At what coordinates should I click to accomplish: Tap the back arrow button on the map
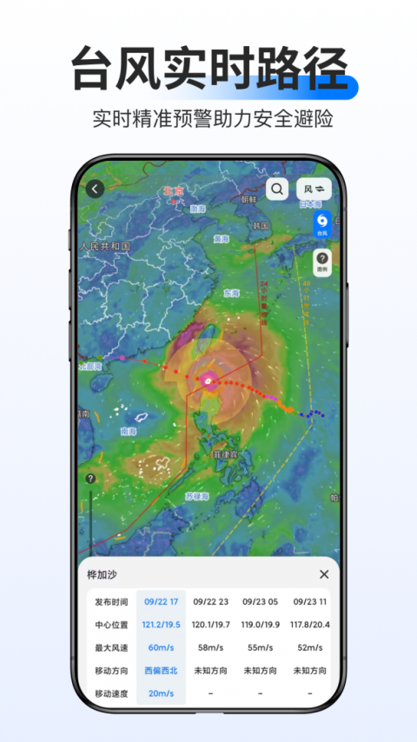(95, 189)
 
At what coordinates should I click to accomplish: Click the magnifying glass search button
(277, 189)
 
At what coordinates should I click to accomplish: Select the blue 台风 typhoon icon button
(321, 224)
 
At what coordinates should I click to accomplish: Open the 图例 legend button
(321, 262)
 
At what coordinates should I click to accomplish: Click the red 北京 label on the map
(175, 191)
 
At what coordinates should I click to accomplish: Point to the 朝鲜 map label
(249, 199)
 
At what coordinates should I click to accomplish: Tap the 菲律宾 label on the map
(225, 454)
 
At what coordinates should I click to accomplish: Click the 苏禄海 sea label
(197, 496)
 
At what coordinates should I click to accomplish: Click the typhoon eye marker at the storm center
(208, 380)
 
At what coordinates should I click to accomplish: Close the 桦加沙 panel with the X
(324, 574)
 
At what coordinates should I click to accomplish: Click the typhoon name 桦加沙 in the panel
(102, 574)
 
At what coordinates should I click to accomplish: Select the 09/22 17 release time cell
(161, 601)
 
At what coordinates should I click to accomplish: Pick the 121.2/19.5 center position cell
(161, 624)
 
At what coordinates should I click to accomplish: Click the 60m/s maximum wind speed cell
(161, 647)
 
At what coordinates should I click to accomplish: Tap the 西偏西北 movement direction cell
(161, 670)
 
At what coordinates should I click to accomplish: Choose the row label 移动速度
(111, 693)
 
